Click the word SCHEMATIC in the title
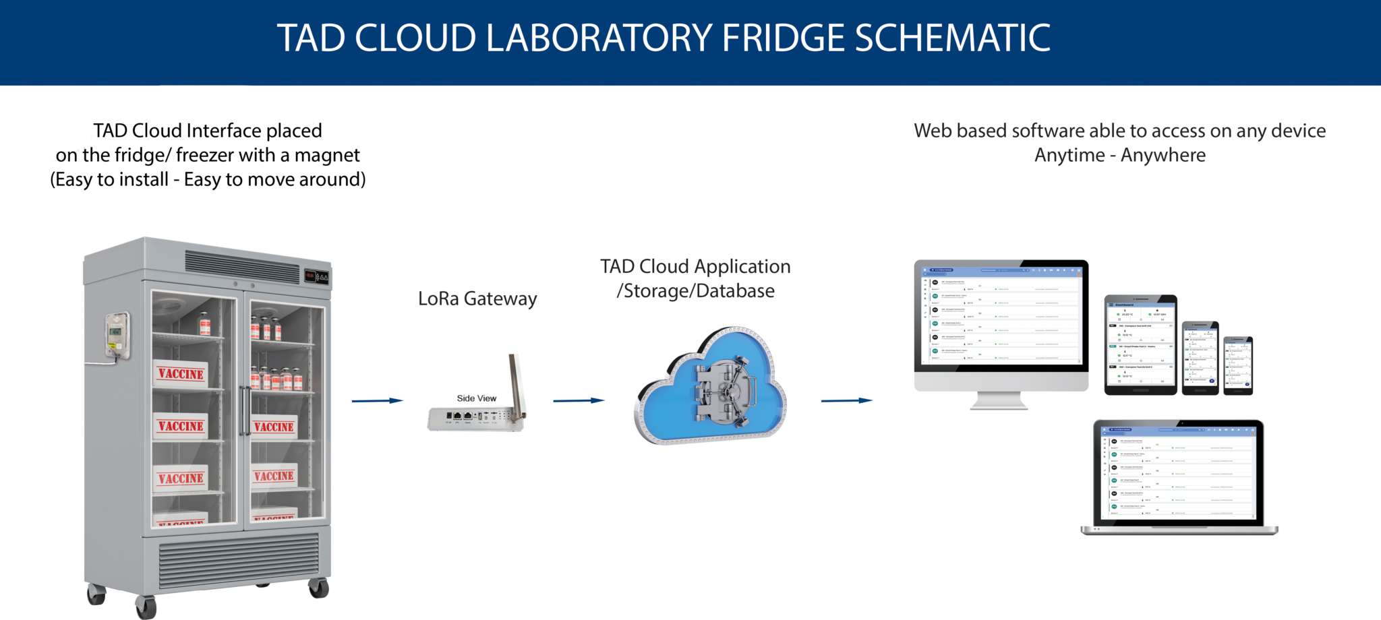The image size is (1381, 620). (952, 38)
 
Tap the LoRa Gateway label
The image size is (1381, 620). (477, 299)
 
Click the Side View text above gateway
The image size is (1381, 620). (476, 398)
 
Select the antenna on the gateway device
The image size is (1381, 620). (516, 387)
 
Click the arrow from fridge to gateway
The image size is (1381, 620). (377, 401)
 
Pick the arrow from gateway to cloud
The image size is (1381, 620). (579, 400)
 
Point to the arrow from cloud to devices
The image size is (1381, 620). (846, 400)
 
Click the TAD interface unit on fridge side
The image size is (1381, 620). (116, 334)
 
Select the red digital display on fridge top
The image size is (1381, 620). (310, 276)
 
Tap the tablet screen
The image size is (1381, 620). (1140, 344)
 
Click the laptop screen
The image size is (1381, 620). (1179, 472)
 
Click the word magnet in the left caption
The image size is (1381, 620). (327, 155)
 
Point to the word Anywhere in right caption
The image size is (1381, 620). (1163, 155)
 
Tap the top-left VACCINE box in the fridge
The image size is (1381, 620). (181, 374)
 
